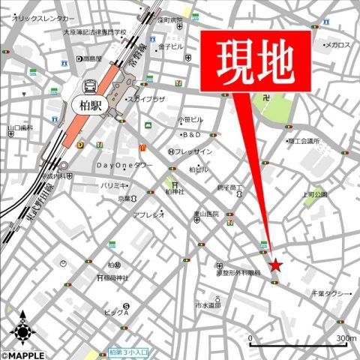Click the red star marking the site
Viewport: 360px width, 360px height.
[x=276, y=265]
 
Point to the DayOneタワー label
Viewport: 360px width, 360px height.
[x=124, y=165]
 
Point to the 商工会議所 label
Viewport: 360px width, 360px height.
[x=303, y=140]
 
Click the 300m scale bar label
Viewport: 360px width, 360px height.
[x=346, y=339]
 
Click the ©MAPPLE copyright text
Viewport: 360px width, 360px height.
[x=22, y=355]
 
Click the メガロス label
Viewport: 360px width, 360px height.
[x=337, y=45]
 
